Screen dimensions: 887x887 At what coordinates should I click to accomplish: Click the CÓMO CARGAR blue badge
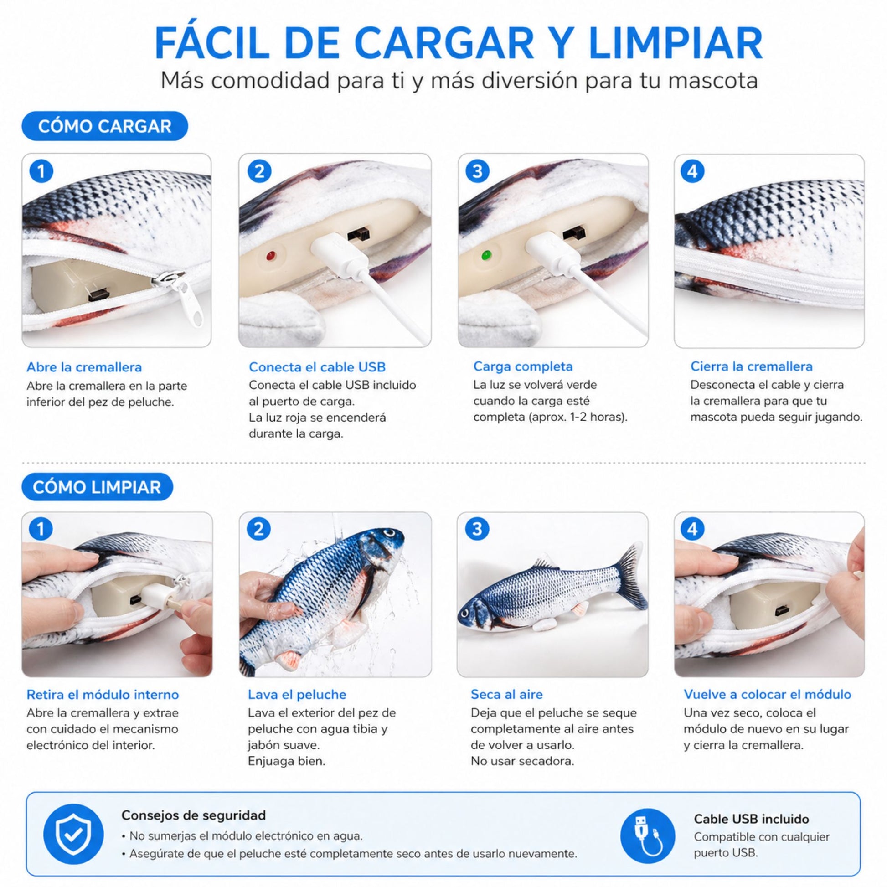105,126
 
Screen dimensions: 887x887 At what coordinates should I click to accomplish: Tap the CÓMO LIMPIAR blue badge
98,487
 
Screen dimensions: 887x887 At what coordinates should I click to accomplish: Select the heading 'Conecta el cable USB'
317,367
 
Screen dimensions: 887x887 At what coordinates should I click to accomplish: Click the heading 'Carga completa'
523,366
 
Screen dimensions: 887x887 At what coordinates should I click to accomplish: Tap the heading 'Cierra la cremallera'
752,366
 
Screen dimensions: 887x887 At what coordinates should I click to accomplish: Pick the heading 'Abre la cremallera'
84,367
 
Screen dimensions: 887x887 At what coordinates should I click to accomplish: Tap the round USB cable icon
647,835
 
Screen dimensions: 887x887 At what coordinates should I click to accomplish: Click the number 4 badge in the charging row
692,171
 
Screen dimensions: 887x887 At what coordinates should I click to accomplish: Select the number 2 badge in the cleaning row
258,529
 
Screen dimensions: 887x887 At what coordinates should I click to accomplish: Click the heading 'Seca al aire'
506,694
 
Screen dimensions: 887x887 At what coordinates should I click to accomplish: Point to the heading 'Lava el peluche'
297,695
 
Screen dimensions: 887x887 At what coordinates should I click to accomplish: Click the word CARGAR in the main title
444,43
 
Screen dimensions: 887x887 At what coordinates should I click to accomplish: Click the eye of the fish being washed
390,533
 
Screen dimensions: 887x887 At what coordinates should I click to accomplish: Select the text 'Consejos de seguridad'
193,815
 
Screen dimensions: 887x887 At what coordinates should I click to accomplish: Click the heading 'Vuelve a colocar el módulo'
768,694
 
